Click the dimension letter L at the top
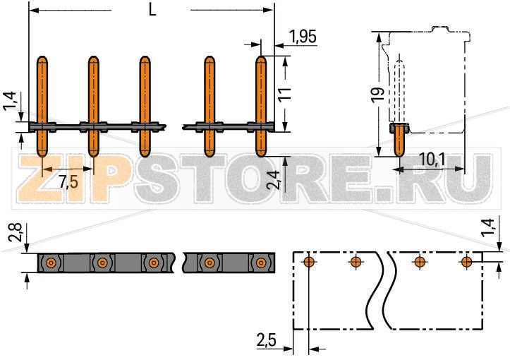(152, 10)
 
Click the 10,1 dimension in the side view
(431, 160)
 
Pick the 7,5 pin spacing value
(68, 181)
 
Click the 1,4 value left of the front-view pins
(9, 100)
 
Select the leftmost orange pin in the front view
(42, 106)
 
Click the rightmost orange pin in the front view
(261, 106)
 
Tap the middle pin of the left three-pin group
(93, 106)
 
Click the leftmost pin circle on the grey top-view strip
(50, 263)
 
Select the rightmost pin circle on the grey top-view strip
(260, 263)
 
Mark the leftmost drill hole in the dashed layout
(308, 263)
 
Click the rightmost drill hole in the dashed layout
(466, 263)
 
